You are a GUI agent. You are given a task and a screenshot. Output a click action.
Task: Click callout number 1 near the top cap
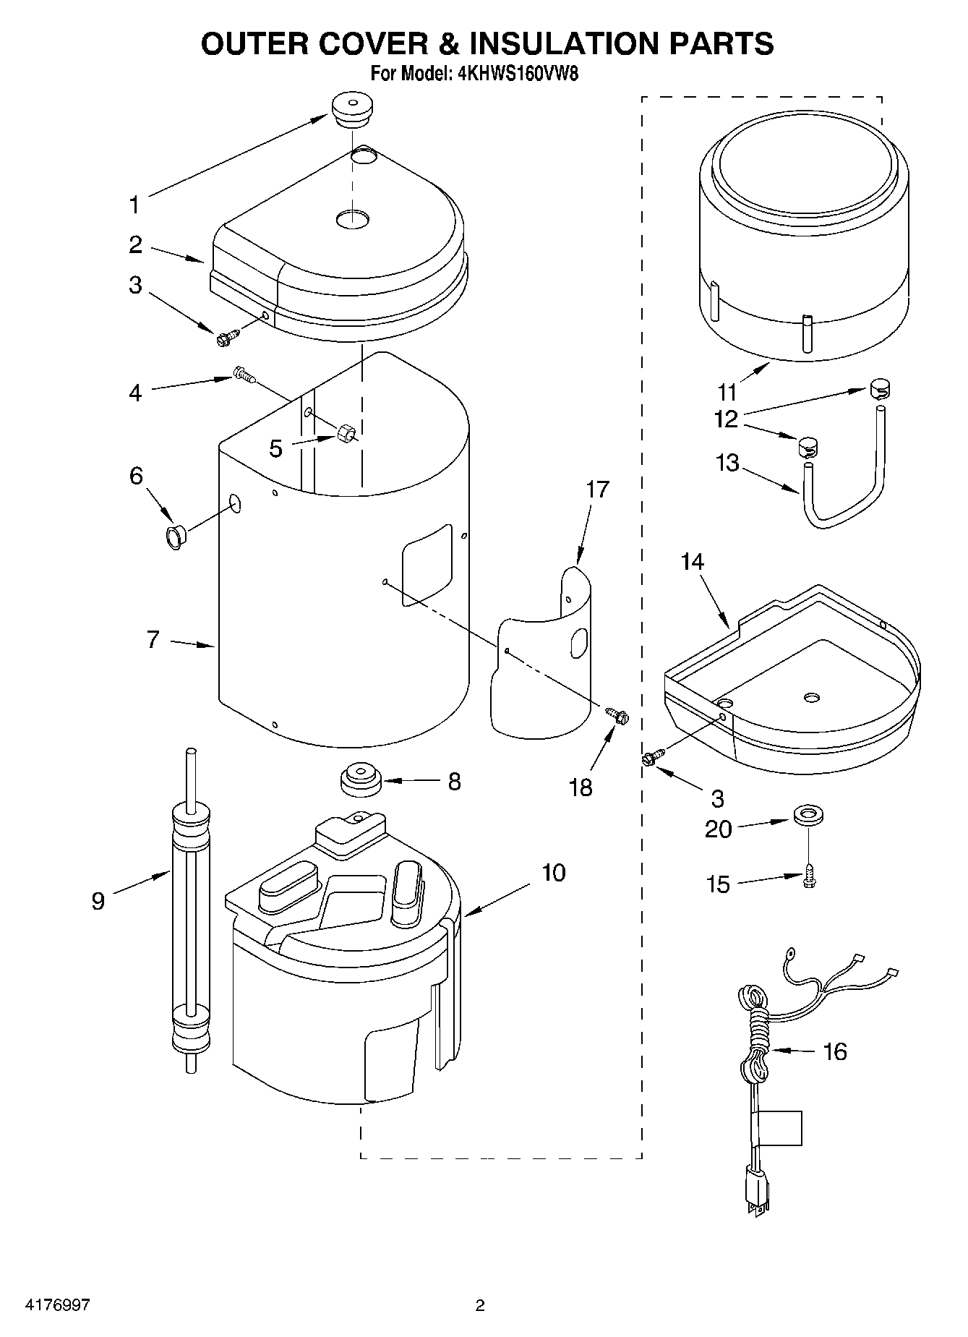[x=133, y=205]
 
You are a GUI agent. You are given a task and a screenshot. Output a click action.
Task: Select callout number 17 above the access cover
[x=597, y=490]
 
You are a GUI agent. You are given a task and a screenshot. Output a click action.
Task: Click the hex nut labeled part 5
[x=345, y=434]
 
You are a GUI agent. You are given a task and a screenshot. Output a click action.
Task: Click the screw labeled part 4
[x=244, y=375]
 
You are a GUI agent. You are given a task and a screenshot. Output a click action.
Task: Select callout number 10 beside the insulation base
[x=553, y=873]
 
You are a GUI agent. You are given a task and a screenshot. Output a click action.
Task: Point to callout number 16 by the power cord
[x=834, y=1051]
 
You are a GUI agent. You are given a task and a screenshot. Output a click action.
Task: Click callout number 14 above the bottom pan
[x=692, y=562]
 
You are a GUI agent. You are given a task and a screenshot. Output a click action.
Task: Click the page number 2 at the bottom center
[x=479, y=1305]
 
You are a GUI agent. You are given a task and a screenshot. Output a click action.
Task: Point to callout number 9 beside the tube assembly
[x=98, y=901]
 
